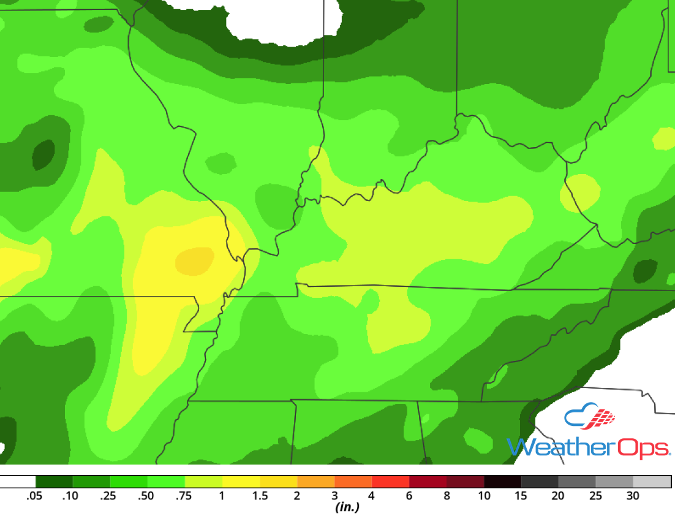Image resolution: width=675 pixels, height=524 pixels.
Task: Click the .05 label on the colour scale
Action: [34, 496]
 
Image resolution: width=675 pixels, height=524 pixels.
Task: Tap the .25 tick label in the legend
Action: [109, 496]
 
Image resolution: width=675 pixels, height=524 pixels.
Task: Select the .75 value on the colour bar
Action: [184, 496]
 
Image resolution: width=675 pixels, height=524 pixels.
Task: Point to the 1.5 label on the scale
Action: [260, 496]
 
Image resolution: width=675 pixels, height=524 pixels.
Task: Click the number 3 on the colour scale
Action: [335, 496]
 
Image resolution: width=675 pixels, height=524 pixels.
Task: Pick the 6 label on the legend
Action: [409, 496]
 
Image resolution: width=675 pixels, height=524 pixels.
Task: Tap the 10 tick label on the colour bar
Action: [484, 496]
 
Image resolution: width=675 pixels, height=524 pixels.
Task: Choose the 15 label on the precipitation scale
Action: [521, 496]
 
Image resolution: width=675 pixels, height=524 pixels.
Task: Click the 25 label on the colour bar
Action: [596, 496]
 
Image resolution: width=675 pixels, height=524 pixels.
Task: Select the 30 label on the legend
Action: [633, 496]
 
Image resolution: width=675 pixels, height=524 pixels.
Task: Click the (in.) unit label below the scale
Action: [347, 508]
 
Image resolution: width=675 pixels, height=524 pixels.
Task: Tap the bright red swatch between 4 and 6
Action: [390, 482]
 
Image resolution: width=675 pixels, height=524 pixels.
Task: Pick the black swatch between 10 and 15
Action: [502, 482]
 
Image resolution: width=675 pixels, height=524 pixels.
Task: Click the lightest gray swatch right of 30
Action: [652, 482]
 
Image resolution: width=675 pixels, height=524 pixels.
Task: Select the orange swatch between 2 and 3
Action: [316, 482]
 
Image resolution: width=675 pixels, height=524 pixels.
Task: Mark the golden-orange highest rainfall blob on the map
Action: [195, 260]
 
